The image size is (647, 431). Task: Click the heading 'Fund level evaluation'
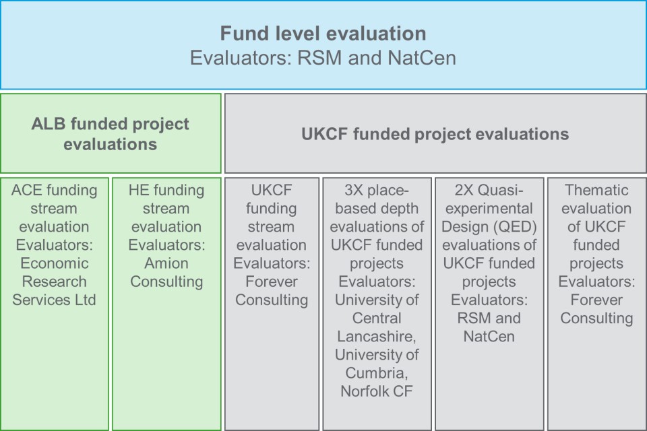tap(323, 34)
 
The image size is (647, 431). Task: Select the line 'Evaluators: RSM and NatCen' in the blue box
tap(323, 58)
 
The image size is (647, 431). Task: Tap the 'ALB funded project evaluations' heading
tap(110, 134)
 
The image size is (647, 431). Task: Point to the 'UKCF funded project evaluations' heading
tap(435, 134)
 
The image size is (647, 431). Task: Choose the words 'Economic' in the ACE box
tap(54, 263)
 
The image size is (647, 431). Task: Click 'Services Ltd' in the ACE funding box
tap(54, 300)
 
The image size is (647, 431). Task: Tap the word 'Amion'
tap(166, 263)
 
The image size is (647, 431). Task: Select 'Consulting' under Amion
tap(166, 281)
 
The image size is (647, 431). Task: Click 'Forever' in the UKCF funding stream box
tap(272, 281)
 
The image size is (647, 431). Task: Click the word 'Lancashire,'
tap(377, 337)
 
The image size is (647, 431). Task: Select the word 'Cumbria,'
tap(377, 373)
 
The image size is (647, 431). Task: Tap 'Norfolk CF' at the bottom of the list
tap(377, 391)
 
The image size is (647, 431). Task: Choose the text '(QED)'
tap(517, 227)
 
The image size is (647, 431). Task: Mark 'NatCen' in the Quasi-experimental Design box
tap(489, 337)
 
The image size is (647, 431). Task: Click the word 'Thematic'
tap(596, 190)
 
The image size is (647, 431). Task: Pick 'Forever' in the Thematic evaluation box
tap(596, 300)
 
